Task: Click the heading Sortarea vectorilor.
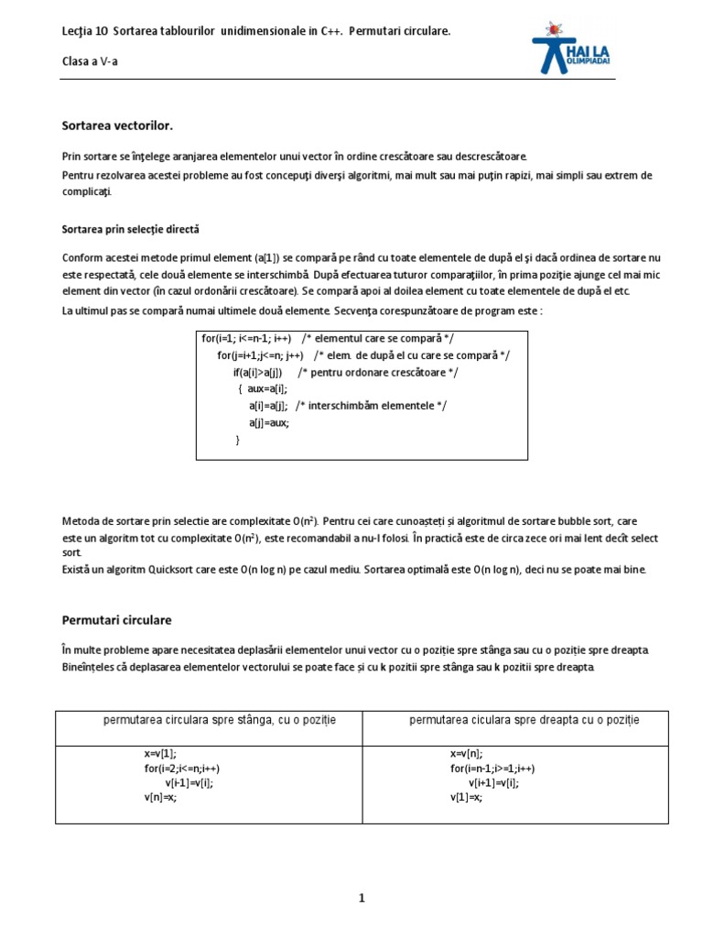point(116,124)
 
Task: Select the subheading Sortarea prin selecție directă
point(130,228)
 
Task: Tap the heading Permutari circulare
point(116,620)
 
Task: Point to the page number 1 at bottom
point(362,899)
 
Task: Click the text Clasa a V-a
point(91,60)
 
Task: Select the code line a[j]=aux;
point(269,422)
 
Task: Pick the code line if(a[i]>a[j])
point(264,372)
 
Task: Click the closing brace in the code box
point(238,440)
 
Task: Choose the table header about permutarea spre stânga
point(220,720)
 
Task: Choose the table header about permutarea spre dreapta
point(524,720)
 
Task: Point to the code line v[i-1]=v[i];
point(195,783)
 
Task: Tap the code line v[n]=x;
point(160,798)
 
